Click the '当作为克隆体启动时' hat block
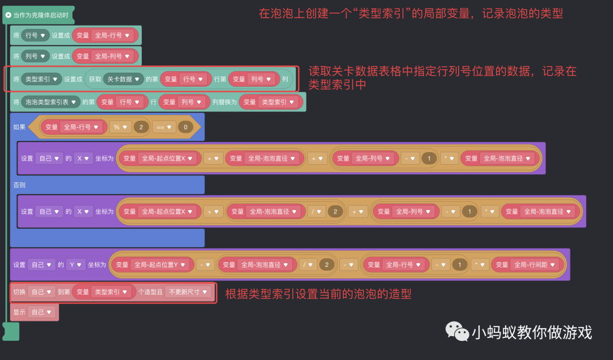pyautogui.click(x=40, y=15)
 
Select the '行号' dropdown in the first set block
pyautogui.click(x=35, y=35)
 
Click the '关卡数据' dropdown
pyautogui.click(x=123, y=79)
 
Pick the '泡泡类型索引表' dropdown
pyautogui.click(x=51, y=102)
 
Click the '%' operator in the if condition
pyautogui.click(x=120, y=127)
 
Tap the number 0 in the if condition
pyautogui.click(x=185, y=127)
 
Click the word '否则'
pyautogui.click(x=19, y=185)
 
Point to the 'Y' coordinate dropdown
pyautogui.click(x=75, y=265)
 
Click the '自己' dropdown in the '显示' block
pyautogui.click(x=42, y=312)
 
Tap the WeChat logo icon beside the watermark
pyautogui.click(x=457, y=331)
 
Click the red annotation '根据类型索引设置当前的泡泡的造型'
pyautogui.click(x=318, y=294)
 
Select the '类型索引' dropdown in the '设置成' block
pyautogui.click(x=41, y=79)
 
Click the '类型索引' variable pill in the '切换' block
pyautogui.click(x=111, y=292)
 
